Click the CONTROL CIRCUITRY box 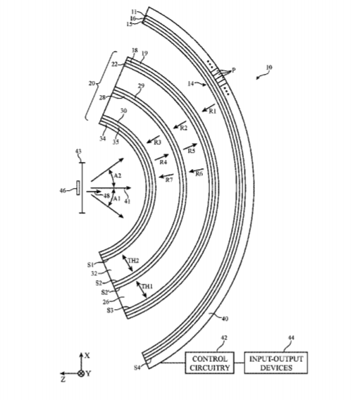[x=209, y=363]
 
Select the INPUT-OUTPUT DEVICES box [x=275, y=363]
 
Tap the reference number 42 [x=224, y=338]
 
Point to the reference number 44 [x=291, y=338]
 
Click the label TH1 [x=147, y=287]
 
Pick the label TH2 [x=133, y=261]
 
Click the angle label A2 [x=118, y=176]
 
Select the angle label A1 [x=117, y=199]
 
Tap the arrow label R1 [x=213, y=111]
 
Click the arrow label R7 [x=169, y=180]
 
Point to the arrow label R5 [x=192, y=151]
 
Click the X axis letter [x=87, y=356]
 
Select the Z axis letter [x=63, y=380]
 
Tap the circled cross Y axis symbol [x=81, y=374]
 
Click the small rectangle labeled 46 [x=77, y=188]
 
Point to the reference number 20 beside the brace [x=92, y=83]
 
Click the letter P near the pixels [x=233, y=70]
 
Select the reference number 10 [x=269, y=68]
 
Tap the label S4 [x=137, y=368]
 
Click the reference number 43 [x=78, y=152]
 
